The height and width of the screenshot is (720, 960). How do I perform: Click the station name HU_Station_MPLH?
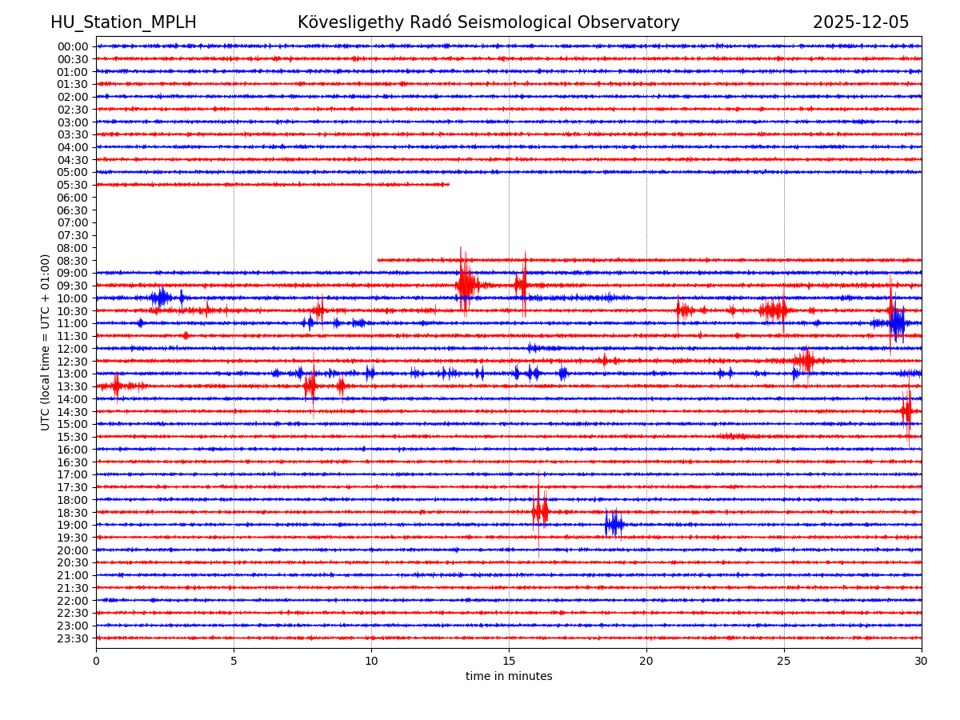(x=123, y=22)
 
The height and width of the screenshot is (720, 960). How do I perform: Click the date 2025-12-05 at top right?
(x=861, y=22)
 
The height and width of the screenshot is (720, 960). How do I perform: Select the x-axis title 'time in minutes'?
(x=509, y=677)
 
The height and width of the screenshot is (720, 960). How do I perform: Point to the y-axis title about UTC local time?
(x=46, y=342)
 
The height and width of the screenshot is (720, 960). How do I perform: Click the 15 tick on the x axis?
(x=509, y=662)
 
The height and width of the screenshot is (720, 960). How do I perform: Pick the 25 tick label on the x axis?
(x=784, y=662)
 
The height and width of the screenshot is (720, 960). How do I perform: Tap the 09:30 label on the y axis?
(x=72, y=286)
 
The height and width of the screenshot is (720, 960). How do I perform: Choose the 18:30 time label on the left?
(x=72, y=512)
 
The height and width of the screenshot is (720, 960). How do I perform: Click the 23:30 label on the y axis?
(x=72, y=638)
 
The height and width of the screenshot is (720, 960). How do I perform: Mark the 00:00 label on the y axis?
(x=72, y=46)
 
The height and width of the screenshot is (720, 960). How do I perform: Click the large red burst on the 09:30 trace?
(x=466, y=284)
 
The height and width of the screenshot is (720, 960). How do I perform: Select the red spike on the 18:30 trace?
(x=540, y=510)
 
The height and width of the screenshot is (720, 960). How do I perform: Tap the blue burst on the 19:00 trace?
(x=614, y=524)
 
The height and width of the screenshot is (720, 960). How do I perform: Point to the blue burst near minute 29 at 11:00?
(x=897, y=322)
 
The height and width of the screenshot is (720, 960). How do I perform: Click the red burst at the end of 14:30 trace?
(x=906, y=410)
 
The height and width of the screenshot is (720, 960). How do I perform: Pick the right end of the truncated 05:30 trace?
(x=448, y=185)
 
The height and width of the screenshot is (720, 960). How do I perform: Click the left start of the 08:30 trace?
(x=379, y=260)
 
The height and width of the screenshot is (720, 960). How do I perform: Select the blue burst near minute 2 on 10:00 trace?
(x=161, y=298)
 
